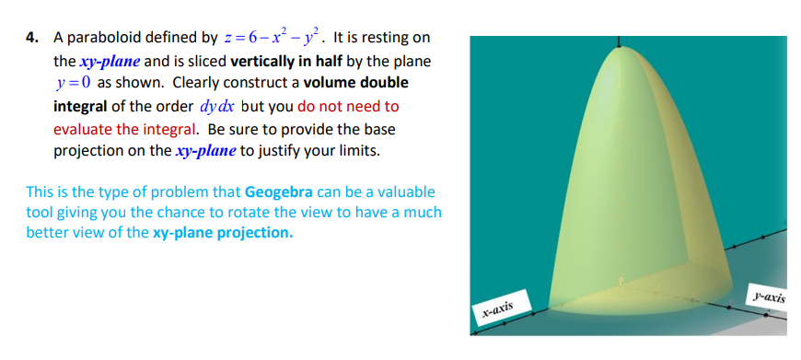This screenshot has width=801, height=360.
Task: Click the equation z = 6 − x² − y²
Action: (x=273, y=37)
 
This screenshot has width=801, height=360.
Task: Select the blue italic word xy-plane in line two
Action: (x=110, y=62)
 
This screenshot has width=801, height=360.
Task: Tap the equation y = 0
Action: (x=74, y=83)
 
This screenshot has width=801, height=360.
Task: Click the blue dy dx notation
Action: (x=216, y=106)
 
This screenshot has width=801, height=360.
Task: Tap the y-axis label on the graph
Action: (x=767, y=296)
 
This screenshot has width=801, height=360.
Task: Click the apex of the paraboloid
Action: (x=620, y=47)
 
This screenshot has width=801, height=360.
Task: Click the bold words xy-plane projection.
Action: (x=223, y=233)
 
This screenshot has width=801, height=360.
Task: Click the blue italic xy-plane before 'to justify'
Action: (x=205, y=151)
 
